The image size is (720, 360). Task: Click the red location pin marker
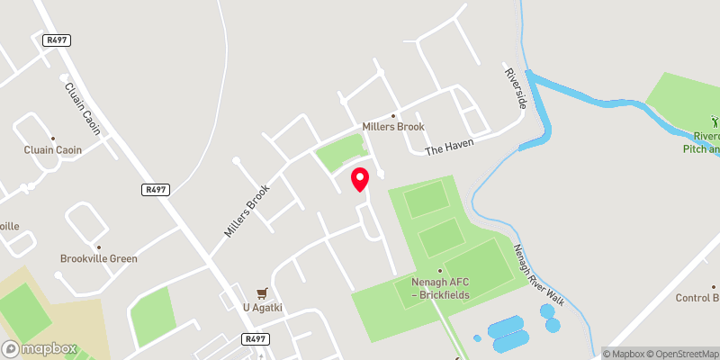pos(360,178)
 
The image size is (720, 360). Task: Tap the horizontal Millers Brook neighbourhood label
pos(392,127)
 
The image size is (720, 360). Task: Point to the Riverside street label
pos(514,88)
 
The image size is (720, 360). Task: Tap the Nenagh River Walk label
pos(539,274)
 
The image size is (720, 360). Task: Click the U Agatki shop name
pos(263,307)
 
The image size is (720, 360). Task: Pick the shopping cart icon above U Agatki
pos(262,292)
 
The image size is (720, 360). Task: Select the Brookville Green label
pos(98,258)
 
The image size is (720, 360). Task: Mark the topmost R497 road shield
pos(56,40)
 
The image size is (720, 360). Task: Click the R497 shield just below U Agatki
pos(256,339)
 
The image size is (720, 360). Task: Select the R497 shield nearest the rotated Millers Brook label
pos(156,190)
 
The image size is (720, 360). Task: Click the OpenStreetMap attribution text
pos(685,354)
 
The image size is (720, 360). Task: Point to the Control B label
pos(697,298)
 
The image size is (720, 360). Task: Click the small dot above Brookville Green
pos(98,246)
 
